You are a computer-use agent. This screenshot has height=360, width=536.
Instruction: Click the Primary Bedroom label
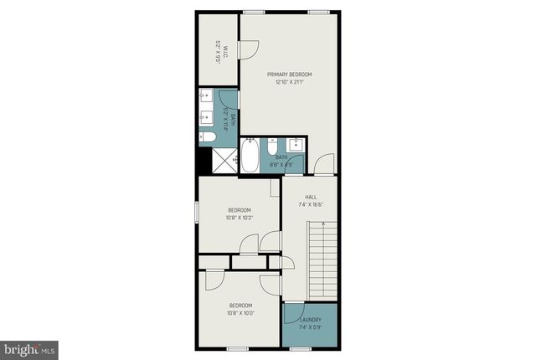[290, 74]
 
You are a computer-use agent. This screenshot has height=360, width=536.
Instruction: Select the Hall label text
[310, 197]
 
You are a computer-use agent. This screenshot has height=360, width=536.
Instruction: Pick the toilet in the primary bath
[207, 136]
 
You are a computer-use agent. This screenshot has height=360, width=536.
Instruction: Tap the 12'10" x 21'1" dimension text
[290, 81]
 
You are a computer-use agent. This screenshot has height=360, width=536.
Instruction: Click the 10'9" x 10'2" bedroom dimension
[240, 218]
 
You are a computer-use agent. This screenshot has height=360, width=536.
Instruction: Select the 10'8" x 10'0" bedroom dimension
[240, 314]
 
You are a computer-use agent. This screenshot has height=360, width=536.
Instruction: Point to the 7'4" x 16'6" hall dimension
[310, 204]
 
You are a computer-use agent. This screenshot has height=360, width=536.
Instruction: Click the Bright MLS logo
[29, 347]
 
